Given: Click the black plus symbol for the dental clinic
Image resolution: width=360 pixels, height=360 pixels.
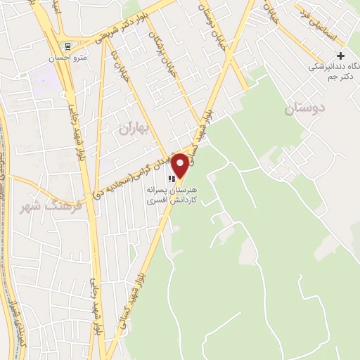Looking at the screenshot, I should tap(341, 56).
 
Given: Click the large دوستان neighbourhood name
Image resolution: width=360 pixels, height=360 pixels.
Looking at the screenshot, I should tap(308, 110).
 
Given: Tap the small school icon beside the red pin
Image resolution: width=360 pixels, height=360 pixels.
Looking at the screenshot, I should tap(172, 179).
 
